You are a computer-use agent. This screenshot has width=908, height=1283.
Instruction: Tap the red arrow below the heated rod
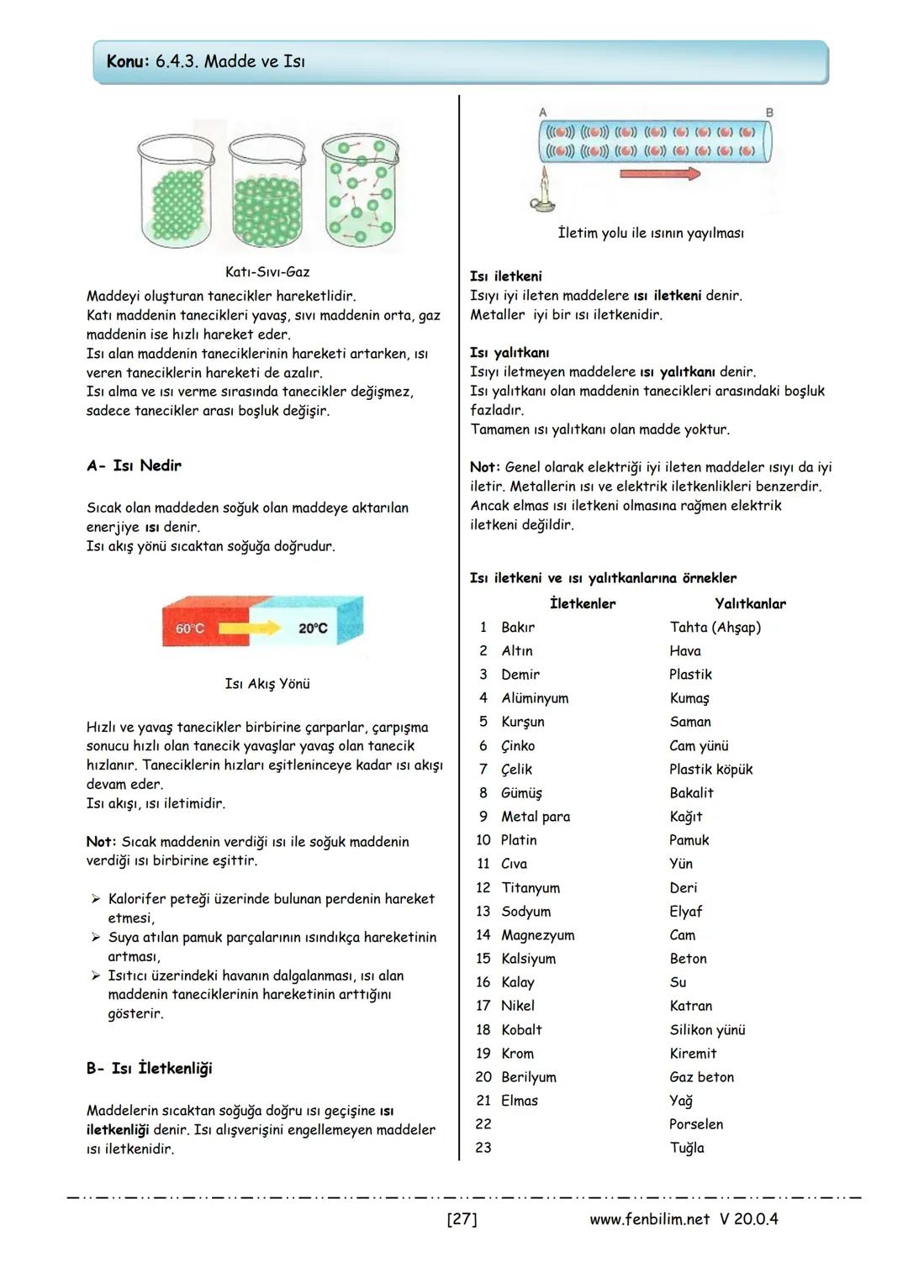(660, 174)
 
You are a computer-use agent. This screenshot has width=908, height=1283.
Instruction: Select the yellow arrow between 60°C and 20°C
(252, 628)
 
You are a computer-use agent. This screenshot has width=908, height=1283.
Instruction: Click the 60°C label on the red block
(190, 628)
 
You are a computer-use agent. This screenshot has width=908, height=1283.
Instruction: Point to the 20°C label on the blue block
(313, 628)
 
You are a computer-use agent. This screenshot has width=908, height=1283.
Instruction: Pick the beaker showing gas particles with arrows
(361, 193)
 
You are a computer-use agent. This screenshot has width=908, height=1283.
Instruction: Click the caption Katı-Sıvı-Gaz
(267, 272)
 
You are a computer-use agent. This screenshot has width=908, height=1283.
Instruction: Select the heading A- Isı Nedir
(134, 465)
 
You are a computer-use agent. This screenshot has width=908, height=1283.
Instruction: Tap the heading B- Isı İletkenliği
(149, 1069)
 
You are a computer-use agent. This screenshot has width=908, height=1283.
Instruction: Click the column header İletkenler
(583, 603)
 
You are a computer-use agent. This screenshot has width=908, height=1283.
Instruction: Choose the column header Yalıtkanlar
(750, 603)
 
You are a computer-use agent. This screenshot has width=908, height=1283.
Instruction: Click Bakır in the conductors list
(518, 628)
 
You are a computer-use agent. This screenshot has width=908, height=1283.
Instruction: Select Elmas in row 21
(520, 1101)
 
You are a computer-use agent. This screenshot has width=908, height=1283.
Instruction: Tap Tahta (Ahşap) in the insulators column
(715, 628)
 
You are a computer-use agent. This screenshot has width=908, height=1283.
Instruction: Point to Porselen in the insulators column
(696, 1124)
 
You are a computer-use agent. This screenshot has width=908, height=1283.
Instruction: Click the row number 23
(483, 1148)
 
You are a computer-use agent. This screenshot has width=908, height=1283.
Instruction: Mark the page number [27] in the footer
(462, 1219)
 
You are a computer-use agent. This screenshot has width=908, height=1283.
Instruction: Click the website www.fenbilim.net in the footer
(649, 1219)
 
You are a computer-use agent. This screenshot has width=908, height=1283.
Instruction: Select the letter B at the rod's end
(769, 113)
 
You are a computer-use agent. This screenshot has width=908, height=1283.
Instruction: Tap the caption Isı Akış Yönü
(267, 684)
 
